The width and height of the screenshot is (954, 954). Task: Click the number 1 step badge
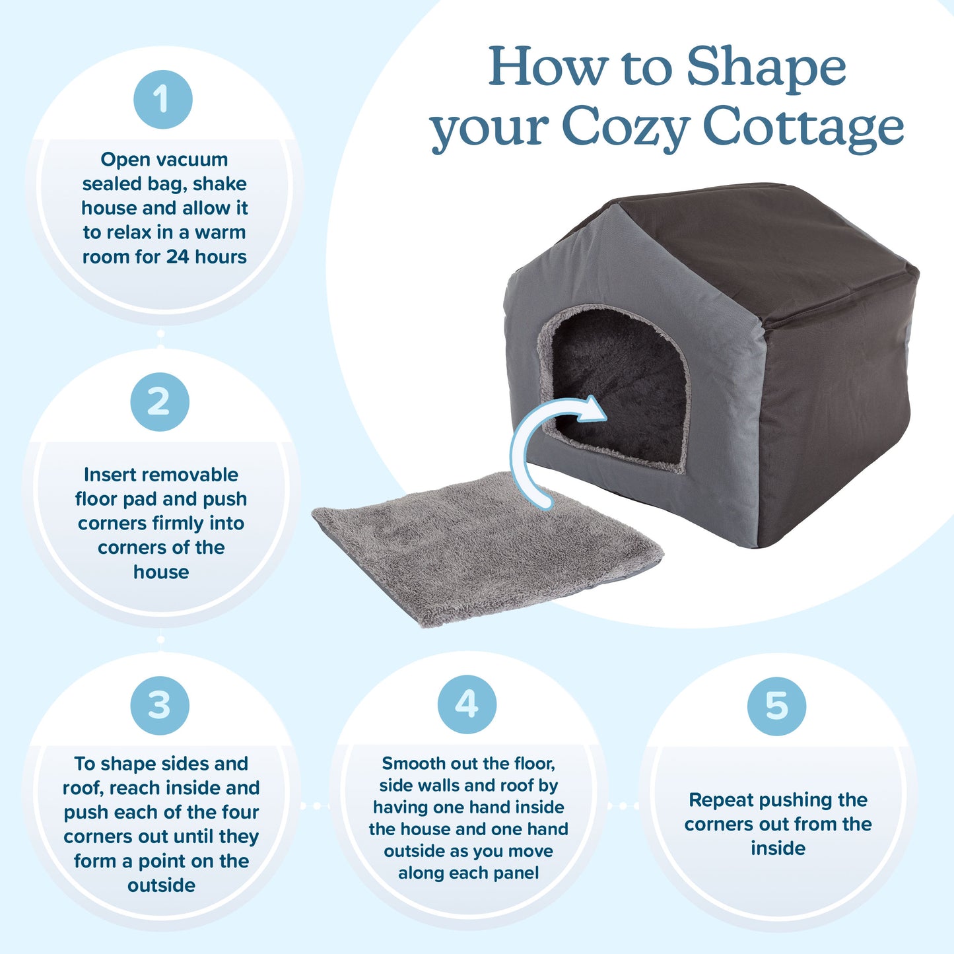pos(162,100)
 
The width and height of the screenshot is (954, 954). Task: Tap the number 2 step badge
pos(160,402)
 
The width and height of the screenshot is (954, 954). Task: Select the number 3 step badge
pos(160,705)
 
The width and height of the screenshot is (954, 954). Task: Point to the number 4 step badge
pos(467,704)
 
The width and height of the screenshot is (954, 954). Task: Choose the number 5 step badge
pos(777,706)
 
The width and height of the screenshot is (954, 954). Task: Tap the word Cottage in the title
pos(803,127)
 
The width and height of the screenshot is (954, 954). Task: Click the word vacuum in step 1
pos(195,160)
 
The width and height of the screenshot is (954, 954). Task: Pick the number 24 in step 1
pos(178,257)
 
